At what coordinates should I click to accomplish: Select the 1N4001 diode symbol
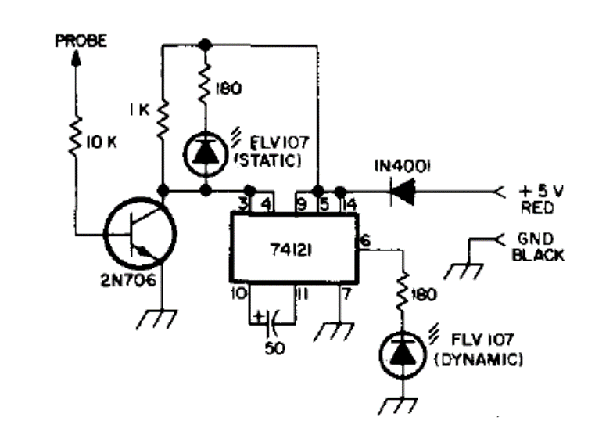[x=403, y=190]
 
